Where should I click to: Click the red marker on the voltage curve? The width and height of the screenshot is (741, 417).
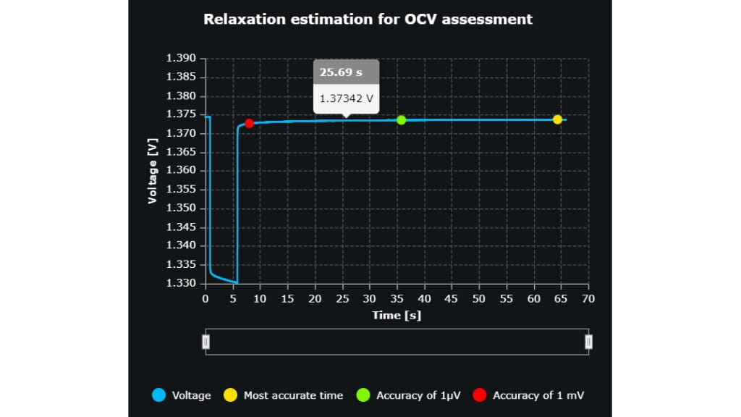coord(249,124)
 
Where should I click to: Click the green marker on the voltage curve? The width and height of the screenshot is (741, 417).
coord(402,119)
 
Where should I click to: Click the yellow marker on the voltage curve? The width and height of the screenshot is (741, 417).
coord(557,119)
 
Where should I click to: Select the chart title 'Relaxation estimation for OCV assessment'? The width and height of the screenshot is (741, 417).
coord(368,20)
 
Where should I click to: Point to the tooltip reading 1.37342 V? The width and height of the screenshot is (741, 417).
coord(347,97)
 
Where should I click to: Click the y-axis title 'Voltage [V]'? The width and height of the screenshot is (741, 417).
coord(153,171)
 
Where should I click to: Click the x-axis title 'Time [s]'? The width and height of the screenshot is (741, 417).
coord(397,315)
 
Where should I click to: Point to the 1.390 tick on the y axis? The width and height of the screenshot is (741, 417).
coord(180,59)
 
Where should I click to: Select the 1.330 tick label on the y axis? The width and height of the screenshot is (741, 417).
coord(180,283)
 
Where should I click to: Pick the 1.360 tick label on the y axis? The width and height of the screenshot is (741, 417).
coord(180,171)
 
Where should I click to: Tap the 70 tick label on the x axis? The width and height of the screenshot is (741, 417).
coord(588,298)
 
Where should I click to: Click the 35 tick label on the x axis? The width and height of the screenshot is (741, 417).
coord(397,298)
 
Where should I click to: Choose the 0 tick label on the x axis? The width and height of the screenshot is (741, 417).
coord(206,298)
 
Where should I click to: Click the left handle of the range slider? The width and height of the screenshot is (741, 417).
coord(206,342)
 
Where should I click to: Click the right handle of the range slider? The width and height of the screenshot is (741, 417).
coord(588,342)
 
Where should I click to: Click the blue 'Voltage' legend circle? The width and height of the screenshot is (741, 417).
coord(159,395)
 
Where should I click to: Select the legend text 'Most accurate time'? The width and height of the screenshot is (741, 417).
coord(293,395)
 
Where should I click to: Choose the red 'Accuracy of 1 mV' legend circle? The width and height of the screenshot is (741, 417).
coord(479,395)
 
